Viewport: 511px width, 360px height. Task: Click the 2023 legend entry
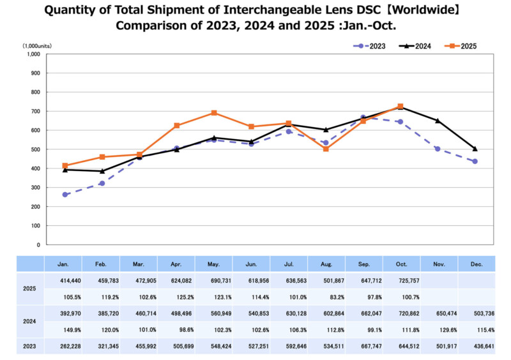[x=371, y=46]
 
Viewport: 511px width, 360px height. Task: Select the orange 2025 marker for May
[x=214, y=113]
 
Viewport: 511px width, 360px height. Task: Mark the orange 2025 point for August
[x=326, y=149]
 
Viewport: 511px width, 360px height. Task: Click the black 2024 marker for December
[x=475, y=149]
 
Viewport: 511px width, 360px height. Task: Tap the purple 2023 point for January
[x=65, y=195]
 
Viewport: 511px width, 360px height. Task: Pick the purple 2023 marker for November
[x=438, y=149]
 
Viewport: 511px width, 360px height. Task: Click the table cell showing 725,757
[x=400, y=280]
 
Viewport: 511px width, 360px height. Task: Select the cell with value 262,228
[x=63, y=347]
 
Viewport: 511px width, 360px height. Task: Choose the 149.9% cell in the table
[x=63, y=331]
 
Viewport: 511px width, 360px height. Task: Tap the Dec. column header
[x=476, y=263]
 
